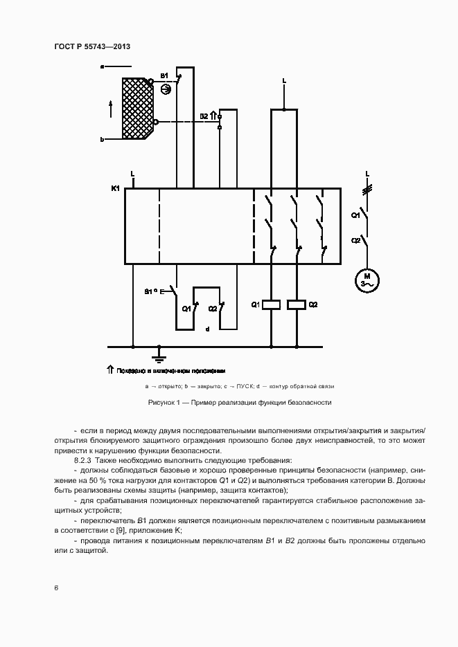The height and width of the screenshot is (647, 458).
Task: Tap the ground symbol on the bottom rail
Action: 159,356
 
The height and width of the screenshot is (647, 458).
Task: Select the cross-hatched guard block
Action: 137,107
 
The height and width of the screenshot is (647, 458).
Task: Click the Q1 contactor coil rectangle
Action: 272,304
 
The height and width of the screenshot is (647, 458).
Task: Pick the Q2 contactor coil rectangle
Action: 297,304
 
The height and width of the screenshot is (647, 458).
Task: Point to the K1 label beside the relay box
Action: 116,188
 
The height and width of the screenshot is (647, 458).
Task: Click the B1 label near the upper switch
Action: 164,75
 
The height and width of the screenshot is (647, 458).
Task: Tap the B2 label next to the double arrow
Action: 204,116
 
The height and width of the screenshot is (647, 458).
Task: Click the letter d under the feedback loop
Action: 207,329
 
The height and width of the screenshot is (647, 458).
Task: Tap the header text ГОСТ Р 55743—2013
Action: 92,46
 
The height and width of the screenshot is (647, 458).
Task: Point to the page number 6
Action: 56,587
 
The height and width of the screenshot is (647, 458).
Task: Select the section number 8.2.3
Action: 83,460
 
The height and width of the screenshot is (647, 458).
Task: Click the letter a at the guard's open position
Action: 102,66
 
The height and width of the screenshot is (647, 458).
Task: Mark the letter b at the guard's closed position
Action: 102,139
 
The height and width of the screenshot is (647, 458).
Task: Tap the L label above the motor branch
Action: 367,173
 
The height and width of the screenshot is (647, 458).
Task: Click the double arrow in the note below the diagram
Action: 109,370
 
